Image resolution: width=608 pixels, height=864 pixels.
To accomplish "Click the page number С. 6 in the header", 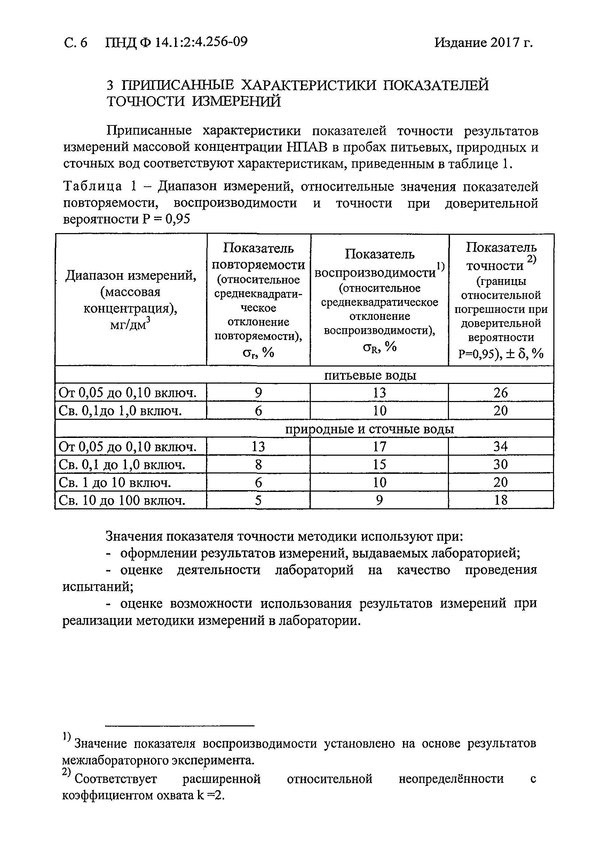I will point(76,43).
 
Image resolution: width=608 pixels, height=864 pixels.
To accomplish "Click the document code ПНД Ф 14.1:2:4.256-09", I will point(176,42).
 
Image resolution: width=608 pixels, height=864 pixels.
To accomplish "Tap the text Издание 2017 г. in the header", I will point(483,43).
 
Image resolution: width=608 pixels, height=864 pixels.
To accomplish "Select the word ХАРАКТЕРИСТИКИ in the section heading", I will point(308,85).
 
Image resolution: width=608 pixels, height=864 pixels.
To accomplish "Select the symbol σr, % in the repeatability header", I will point(258,352).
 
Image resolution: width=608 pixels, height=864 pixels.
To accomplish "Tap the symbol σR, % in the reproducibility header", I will point(379,347).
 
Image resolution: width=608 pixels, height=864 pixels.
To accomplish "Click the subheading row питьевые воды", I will point(370,375).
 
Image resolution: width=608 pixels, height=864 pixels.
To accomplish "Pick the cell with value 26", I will point(500,393).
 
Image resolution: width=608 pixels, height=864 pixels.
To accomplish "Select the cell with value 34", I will point(500,447).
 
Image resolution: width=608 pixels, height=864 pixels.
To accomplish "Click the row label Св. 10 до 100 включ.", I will point(122,501).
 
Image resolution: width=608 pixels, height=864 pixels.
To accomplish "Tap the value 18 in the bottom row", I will point(500,500).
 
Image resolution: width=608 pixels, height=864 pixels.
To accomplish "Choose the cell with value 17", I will point(379,447).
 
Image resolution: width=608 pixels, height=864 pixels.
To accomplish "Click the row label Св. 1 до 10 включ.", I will point(115,483).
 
